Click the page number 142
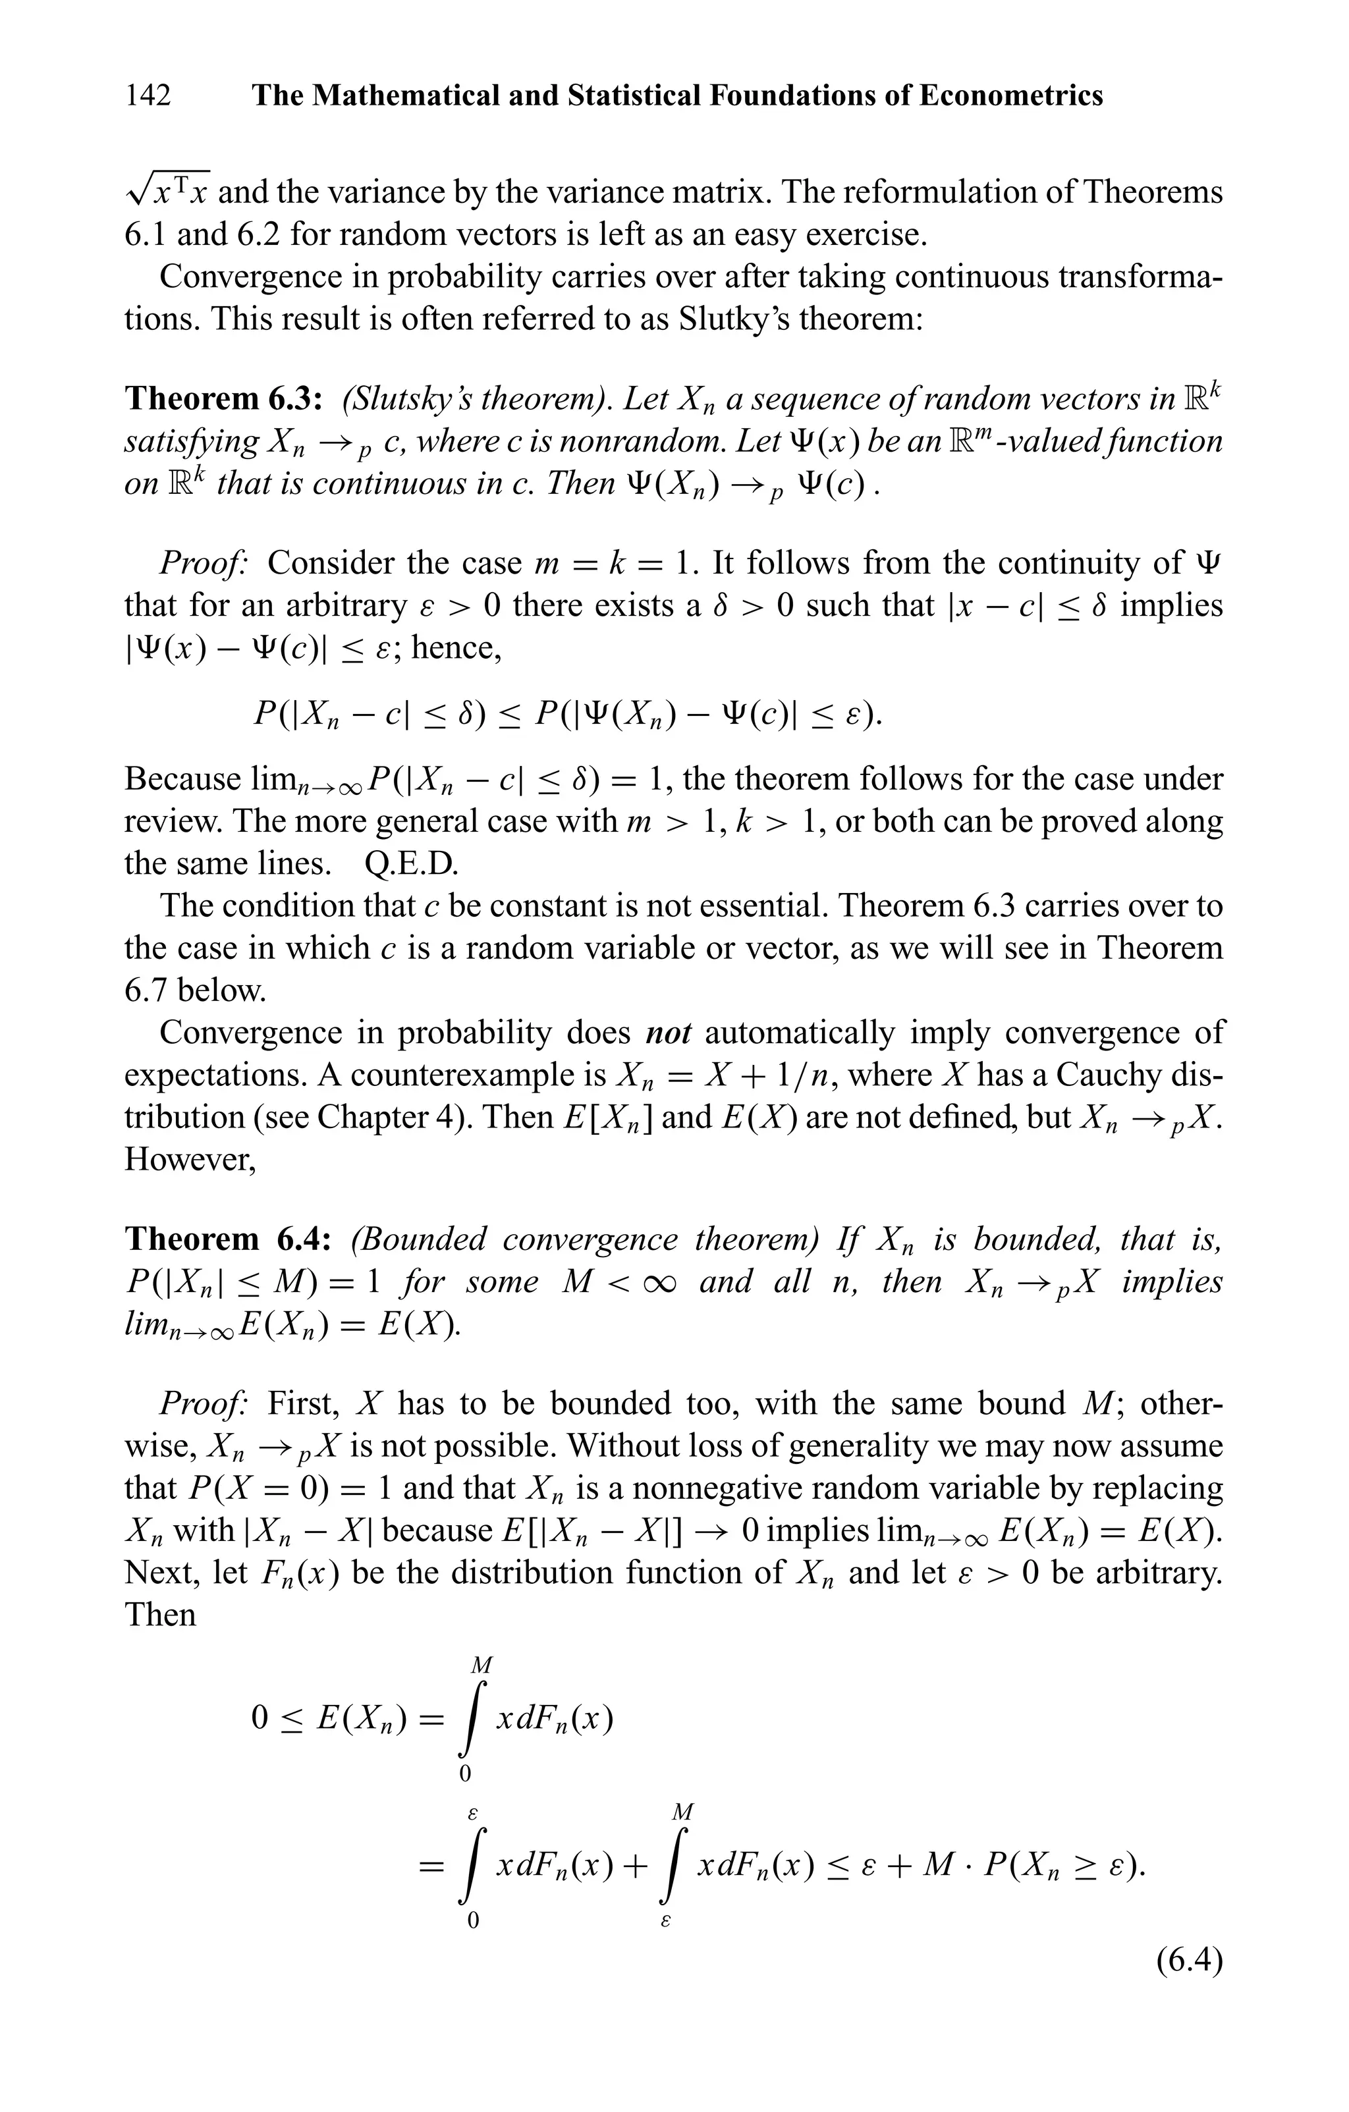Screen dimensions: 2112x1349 148,95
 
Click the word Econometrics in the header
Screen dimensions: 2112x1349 1010,95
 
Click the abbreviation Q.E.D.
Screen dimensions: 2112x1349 412,864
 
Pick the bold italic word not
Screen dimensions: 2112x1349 669,1033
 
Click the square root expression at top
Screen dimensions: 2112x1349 167,190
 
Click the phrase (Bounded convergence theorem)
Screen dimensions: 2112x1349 585,1239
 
